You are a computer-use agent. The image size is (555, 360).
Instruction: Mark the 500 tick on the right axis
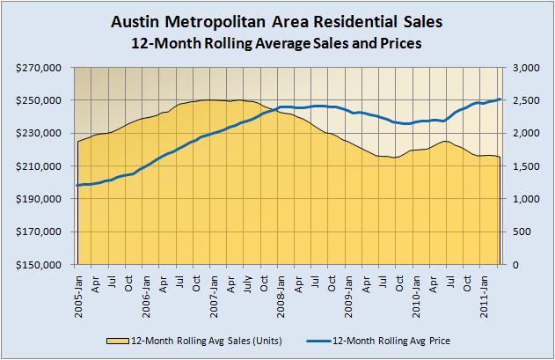point(525,232)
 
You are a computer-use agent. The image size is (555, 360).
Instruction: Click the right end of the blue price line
point(500,99)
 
